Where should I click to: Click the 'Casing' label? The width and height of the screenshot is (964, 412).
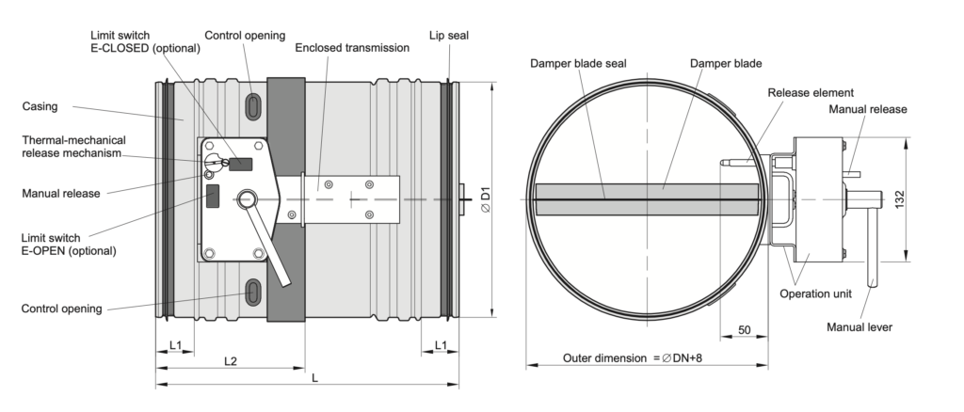[x=40, y=106]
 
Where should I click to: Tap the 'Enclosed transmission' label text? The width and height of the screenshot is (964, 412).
[x=352, y=48]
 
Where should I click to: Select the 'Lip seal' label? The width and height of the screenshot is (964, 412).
[x=449, y=36]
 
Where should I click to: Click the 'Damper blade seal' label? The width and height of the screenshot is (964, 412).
[x=579, y=63]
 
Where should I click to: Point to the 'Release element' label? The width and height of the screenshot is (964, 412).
[x=811, y=93]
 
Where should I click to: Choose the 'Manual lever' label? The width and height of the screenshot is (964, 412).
[x=860, y=327]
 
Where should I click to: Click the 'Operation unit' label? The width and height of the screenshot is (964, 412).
[x=816, y=293]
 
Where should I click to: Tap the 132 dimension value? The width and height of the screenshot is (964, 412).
[x=900, y=199]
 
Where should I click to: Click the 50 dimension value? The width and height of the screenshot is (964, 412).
[x=744, y=330]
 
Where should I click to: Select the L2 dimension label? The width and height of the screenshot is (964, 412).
[x=230, y=361]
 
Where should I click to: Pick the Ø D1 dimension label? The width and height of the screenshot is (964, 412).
[x=486, y=199]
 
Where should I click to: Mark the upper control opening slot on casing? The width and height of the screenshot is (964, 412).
[x=252, y=107]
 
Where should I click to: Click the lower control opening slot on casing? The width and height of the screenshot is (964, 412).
[x=252, y=291]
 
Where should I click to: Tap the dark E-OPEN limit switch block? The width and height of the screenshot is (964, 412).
[x=213, y=196]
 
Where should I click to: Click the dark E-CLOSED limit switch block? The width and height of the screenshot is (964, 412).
[x=240, y=164]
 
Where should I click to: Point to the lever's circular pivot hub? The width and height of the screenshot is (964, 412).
[x=248, y=198]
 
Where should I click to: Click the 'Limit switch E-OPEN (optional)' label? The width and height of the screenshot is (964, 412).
[x=68, y=245]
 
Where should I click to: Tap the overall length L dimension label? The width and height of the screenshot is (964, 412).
[x=314, y=378]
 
